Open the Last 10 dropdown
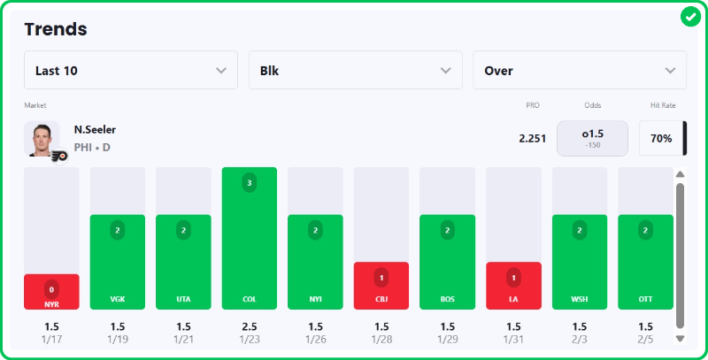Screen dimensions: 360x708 [131, 71]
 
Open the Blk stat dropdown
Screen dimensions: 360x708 [356, 71]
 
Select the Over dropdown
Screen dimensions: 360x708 [580, 71]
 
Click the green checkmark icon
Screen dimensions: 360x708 [690, 17]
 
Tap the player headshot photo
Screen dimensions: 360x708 [42, 138]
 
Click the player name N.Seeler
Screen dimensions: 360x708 [95, 130]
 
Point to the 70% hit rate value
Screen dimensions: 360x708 [661, 139]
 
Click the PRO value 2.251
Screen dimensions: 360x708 [532, 139]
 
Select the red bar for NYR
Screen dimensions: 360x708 [51, 292]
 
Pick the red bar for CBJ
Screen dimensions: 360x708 [381, 286]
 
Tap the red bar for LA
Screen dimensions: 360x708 [513, 286]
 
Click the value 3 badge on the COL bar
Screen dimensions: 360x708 [250, 183]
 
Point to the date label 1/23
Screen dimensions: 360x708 [250, 339]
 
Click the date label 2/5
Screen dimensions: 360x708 [645, 339]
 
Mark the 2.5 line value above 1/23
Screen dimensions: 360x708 [250, 326]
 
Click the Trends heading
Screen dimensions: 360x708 [56, 29]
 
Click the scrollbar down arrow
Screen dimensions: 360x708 [680, 338]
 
